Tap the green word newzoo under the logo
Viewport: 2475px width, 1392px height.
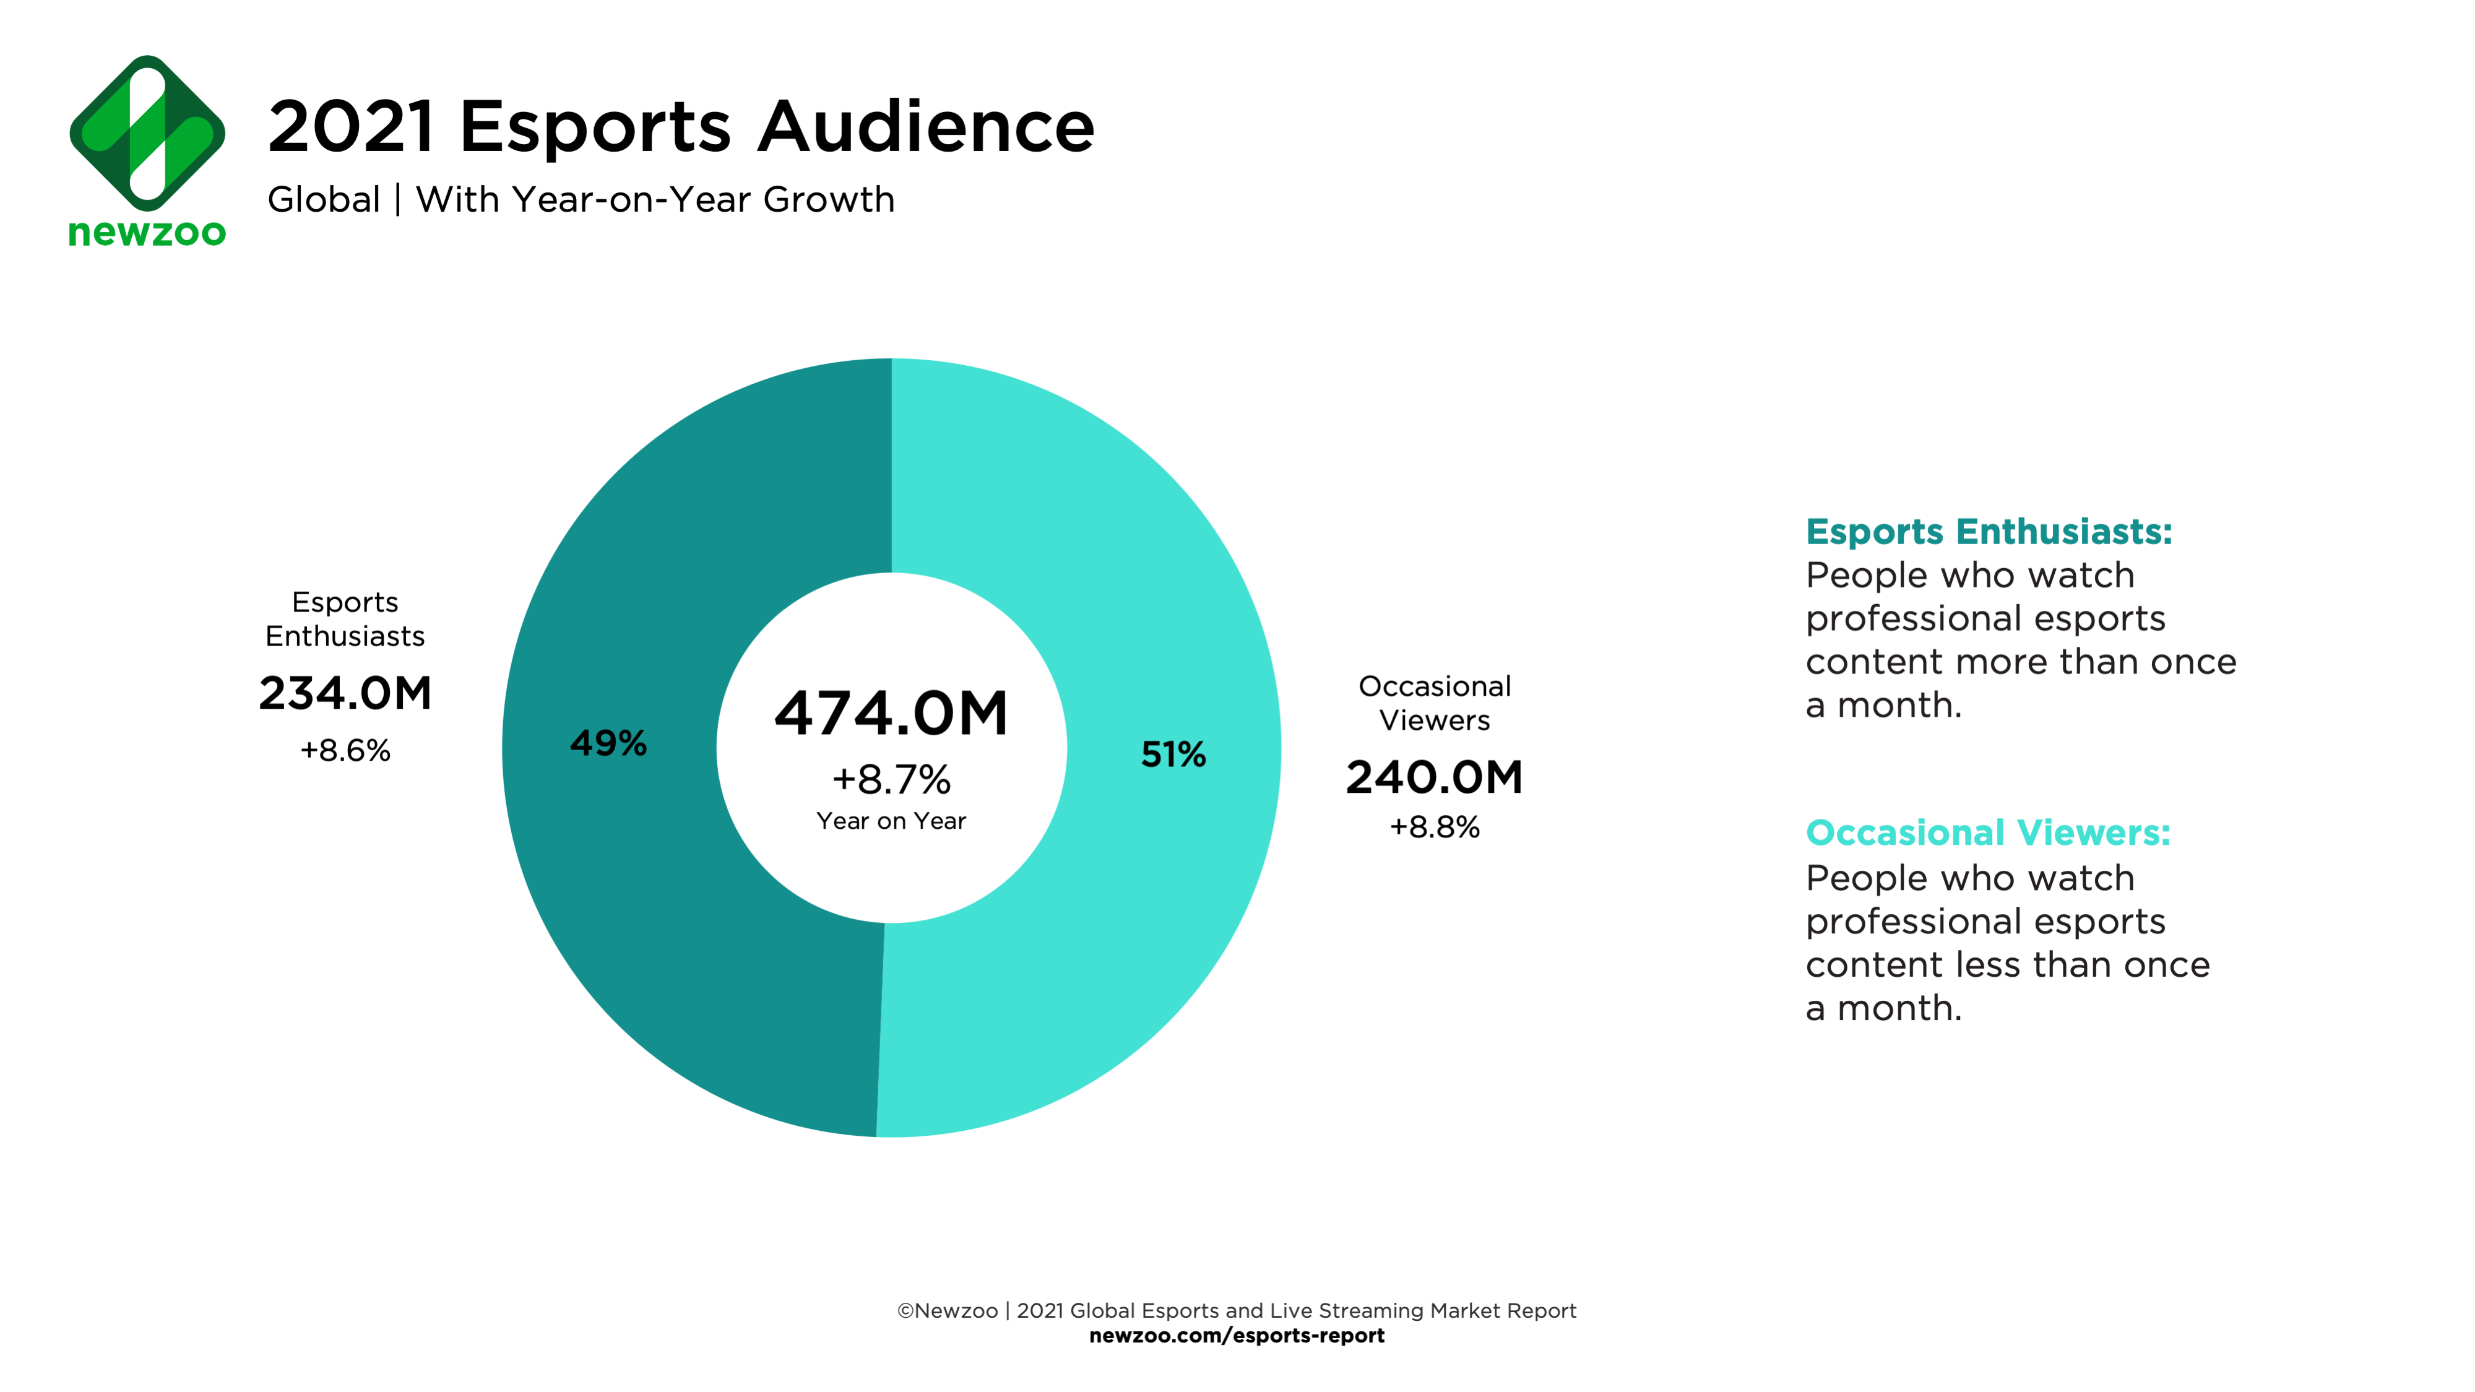click(147, 233)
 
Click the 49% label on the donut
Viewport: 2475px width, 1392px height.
click(608, 743)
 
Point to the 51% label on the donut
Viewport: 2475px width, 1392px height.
click(1173, 754)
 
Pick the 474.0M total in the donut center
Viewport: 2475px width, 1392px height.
click(891, 714)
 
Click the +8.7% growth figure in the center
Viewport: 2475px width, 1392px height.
click(891, 779)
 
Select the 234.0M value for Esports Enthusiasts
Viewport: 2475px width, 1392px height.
click(345, 693)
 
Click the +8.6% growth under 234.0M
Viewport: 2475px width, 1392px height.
click(345, 750)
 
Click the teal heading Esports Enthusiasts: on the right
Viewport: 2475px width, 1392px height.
click(1988, 531)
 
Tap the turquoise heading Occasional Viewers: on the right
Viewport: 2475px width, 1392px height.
click(1987, 832)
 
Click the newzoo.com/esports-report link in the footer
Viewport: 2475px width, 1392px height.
click(1237, 1335)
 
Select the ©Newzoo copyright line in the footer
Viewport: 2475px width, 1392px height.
click(1237, 1310)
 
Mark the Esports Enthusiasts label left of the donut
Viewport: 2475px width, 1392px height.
click(345, 619)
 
